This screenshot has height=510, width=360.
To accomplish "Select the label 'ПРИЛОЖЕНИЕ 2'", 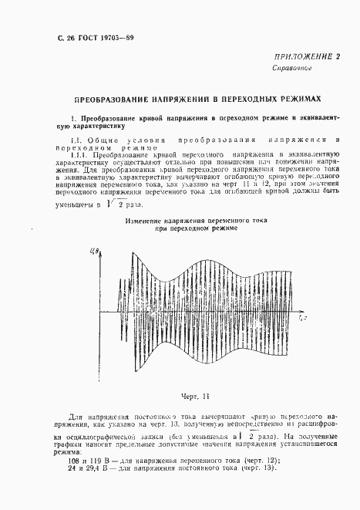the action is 306,59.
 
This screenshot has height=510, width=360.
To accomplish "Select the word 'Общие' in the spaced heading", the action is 91,140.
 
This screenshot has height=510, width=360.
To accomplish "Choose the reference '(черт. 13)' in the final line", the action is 257,471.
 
